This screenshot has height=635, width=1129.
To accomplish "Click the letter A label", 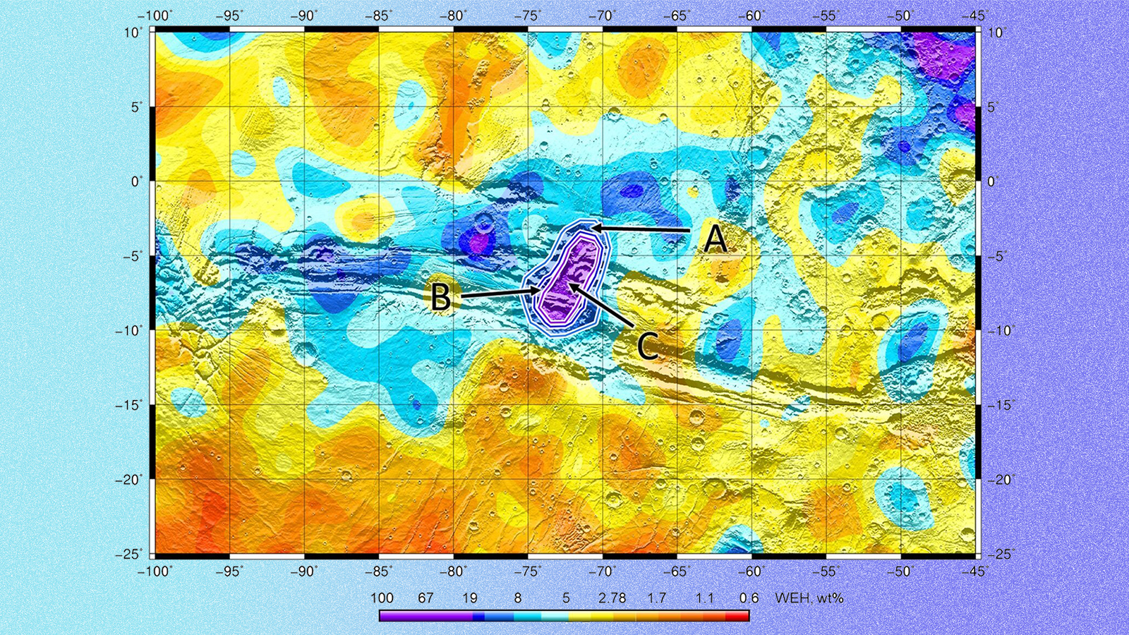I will click(x=716, y=239).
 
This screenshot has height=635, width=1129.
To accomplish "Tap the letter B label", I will click(x=441, y=297).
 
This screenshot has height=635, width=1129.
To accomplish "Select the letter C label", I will click(x=648, y=346).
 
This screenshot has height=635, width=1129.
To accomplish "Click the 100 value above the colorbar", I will click(x=382, y=598).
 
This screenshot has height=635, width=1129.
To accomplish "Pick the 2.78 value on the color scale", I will click(x=612, y=598).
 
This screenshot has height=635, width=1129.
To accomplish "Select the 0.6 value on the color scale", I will click(x=749, y=598).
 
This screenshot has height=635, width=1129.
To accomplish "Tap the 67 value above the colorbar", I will click(x=425, y=598).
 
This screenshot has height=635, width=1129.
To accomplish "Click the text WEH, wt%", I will click(x=809, y=598).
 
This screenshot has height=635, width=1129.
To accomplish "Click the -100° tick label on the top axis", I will click(x=155, y=16).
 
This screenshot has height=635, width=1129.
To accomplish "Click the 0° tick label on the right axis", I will click(x=995, y=181).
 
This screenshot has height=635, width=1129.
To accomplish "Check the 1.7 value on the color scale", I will click(x=657, y=598).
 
